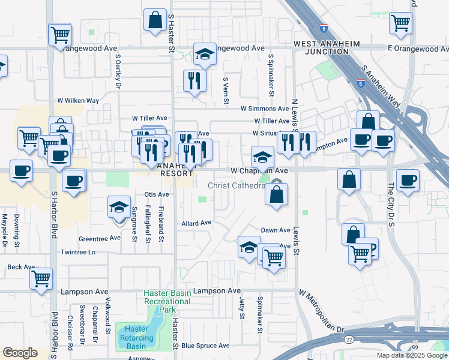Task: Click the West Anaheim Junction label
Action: coord(321,47)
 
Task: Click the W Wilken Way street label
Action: coord(78,101)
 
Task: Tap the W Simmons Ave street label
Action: coord(265,109)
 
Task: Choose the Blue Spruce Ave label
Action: coord(205,346)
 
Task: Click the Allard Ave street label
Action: coord(197,223)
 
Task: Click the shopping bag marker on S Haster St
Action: coord(155,20)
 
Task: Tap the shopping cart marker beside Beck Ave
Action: coord(41,278)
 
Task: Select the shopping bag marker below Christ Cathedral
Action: coord(276,194)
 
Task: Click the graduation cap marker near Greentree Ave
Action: coord(119,208)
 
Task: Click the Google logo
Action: coord(20,353)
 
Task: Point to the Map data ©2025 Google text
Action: coord(411,355)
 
